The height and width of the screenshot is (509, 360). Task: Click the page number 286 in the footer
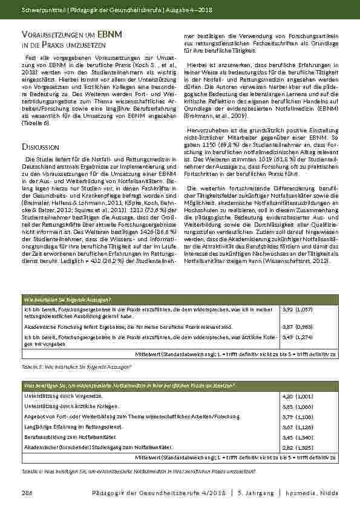(x=27, y=491)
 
